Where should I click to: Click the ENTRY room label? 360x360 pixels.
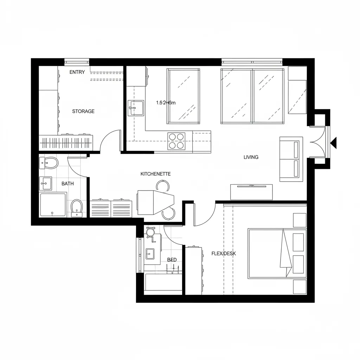click(x=77, y=72)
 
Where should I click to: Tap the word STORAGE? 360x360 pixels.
click(x=83, y=111)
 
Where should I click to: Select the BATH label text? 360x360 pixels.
click(x=67, y=184)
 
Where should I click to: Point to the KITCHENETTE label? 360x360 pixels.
click(x=155, y=174)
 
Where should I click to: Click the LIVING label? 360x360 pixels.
click(x=251, y=157)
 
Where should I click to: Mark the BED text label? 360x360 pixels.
click(x=172, y=260)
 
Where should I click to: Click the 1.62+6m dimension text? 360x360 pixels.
click(x=166, y=103)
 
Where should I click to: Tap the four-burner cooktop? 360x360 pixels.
click(x=176, y=141)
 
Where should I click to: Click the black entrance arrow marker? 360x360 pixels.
click(x=334, y=142)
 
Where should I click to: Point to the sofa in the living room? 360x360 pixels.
click(x=291, y=159)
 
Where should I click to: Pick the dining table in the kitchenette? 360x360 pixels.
click(x=155, y=202)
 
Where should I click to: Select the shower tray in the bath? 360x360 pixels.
click(x=53, y=205)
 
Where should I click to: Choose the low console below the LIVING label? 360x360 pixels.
click(x=251, y=192)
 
